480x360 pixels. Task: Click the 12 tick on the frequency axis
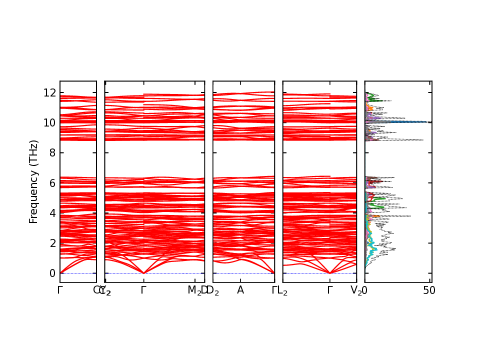pyautogui.click(x=49, y=92)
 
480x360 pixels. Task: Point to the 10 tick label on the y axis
pyautogui.click(x=49, y=122)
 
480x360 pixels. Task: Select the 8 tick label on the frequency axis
pyautogui.click(x=52, y=153)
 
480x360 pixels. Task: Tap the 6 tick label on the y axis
pyautogui.click(x=52, y=183)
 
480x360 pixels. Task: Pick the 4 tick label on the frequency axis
pyautogui.click(x=52, y=213)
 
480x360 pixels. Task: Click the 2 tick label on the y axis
pyautogui.click(x=52, y=243)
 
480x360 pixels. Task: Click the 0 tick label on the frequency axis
pyautogui.click(x=52, y=273)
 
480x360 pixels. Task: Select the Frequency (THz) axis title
pyautogui.click(x=33, y=182)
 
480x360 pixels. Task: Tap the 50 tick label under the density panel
pyautogui.click(x=429, y=290)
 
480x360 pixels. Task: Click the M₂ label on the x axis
pyautogui.click(x=194, y=290)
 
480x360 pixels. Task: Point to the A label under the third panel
pyautogui.click(x=240, y=290)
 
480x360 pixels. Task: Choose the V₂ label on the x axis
pyautogui.click(x=356, y=290)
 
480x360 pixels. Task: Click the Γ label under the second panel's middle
pyautogui.click(x=144, y=290)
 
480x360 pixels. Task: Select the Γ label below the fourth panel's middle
pyautogui.click(x=330, y=290)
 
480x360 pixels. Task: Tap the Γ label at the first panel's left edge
pyautogui.click(x=60, y=290)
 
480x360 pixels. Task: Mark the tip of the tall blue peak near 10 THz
pyautogui.click(x=430, y=121)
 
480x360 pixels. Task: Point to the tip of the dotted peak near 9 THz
pyautogui.click(x=423, y=140)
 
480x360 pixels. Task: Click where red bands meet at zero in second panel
pyautogui.click(x=144, y=273)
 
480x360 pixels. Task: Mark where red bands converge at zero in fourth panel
pyautogui.click(x=330, y=273)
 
